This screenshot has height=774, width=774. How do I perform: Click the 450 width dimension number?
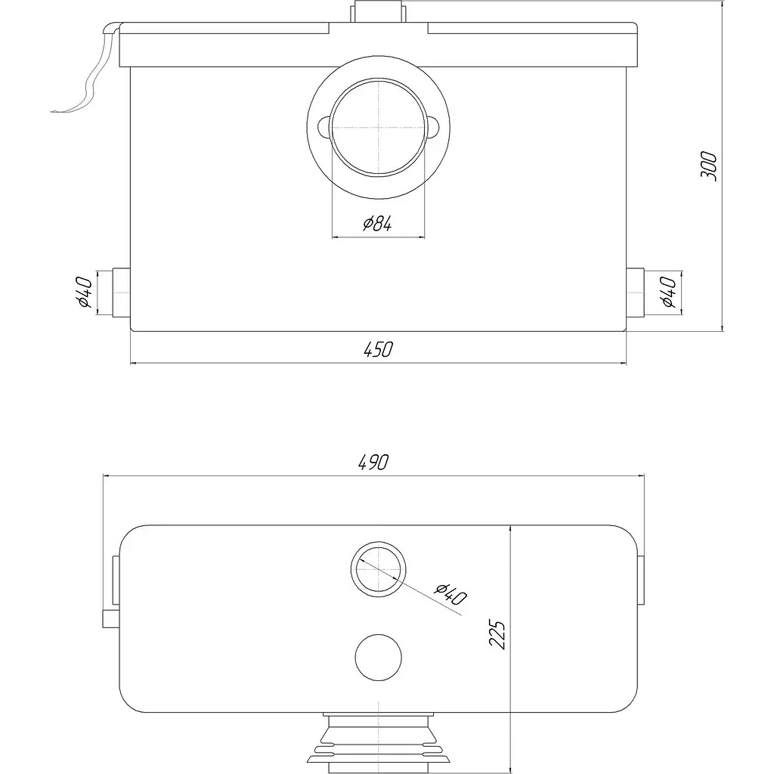click(379, 349)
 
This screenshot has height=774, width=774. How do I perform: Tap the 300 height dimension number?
click(709, 166)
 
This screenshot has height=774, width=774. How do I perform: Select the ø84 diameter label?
click(378, 224)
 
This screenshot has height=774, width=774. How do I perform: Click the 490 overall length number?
click(373, 462)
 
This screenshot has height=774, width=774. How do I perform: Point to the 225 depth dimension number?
click(497, 634)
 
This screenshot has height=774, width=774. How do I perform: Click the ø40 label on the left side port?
click(85, 293)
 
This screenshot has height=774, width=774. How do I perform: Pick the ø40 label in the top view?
click(450, 594)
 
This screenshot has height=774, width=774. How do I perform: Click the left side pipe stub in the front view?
click(122, 293)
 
